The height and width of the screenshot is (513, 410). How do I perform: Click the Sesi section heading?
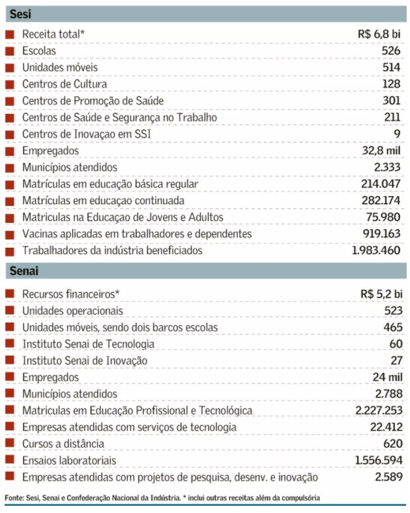[21, 14]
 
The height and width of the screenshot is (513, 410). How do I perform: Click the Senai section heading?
[24, 270]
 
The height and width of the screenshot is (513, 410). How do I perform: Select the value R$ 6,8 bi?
[379, 34]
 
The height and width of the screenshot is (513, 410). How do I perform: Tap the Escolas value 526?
[391, 51]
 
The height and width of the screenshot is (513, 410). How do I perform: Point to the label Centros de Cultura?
[64, 84]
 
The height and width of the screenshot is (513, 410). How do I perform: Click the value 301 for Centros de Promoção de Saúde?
[391, 101]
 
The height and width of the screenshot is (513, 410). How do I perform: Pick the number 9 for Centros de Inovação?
[397, 134]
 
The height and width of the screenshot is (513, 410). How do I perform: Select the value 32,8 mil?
[381, 150]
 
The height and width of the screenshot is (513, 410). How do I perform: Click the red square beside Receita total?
[10, 34]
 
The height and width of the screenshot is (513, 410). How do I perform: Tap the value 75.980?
[384, 217]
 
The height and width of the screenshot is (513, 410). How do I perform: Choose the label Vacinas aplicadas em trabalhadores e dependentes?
[137, 234]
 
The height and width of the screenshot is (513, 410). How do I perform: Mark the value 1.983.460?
[376, 251]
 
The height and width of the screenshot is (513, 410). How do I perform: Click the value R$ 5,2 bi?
[382, 294]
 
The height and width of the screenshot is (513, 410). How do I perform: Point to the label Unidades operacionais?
[73, 311]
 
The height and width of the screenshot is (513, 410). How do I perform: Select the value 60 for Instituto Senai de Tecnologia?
[396, 344]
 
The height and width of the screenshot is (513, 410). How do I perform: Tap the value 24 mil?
[387, 377]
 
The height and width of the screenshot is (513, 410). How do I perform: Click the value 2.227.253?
[379, 410]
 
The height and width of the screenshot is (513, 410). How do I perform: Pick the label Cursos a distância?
[63, 443]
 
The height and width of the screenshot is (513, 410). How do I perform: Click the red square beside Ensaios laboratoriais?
[10, 459]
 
